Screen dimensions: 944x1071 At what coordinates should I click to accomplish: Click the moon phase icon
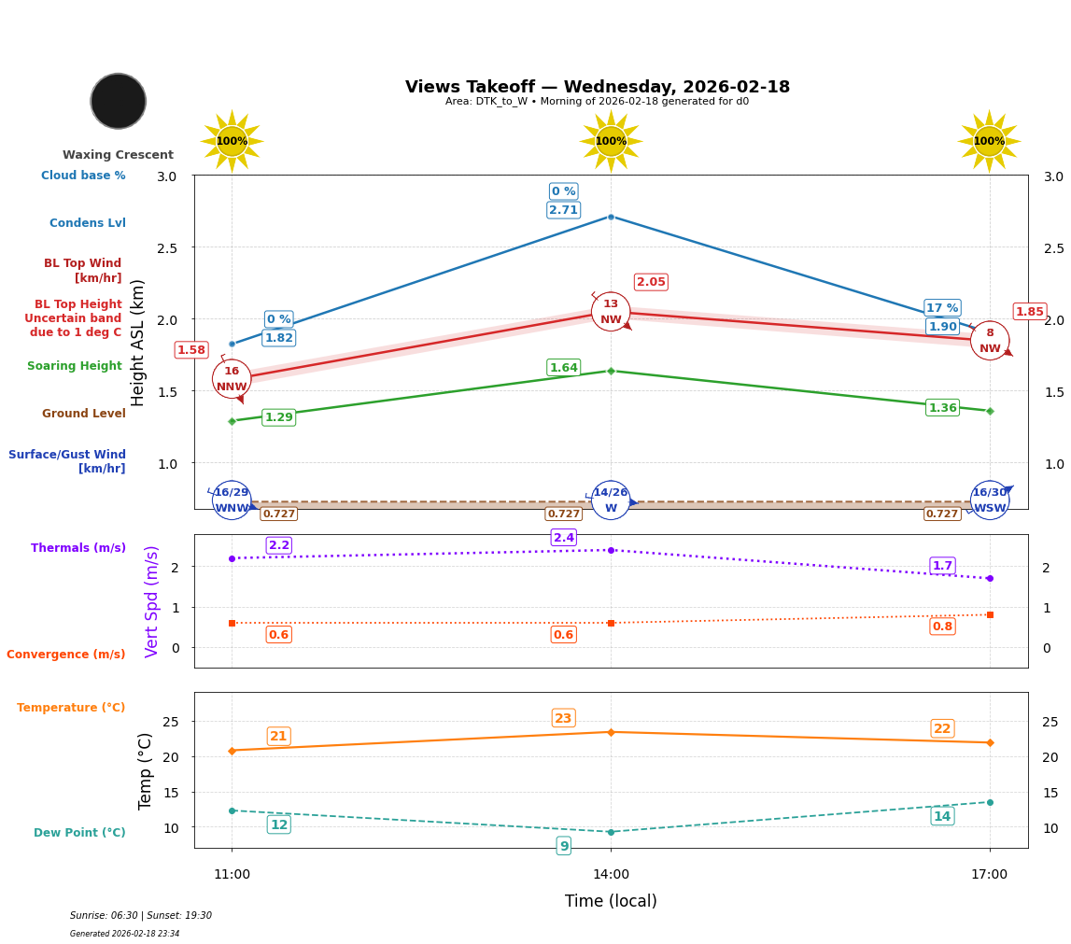click(x=119, y=101)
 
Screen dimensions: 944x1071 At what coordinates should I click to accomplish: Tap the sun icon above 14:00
click(x=611, y=141)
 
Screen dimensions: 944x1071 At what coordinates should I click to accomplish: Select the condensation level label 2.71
click(x=563, y=210)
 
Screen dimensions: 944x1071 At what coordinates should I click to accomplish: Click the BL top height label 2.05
click(x=651, y=282)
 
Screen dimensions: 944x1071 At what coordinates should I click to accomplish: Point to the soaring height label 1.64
click(x=563, y=368)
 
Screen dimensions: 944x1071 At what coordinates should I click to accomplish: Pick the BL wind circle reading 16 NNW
click(x=232, y=378)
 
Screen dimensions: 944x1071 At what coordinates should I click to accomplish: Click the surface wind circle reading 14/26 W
click(x=611, y=500)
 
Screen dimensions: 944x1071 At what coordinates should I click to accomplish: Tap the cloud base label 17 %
click(x=942, y=308)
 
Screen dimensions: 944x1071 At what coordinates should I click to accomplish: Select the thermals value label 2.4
click(x=564, y=538)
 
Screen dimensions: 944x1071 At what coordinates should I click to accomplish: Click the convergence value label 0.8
click(x=942, y=627)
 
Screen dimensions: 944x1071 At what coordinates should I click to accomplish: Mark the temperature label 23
click(x=563, y=718)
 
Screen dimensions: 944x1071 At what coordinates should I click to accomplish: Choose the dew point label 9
click(x=563, y=846)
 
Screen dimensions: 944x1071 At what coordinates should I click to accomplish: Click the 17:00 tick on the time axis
click(x=989, y=875)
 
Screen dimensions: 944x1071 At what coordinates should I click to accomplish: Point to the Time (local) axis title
click(x=611, y=901)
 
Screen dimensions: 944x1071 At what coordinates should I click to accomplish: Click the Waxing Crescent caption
click(x=118, y=155)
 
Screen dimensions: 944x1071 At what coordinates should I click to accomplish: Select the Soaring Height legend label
click(x=75, y=366)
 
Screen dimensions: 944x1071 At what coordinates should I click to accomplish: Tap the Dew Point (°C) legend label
click(x=79, y=833)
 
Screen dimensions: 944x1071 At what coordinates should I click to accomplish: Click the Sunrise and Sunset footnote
click(x=141, y=916)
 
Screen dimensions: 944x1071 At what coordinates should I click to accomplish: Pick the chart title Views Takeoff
click(x=598, y=87)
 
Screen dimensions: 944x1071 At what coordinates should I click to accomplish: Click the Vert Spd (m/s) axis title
click(x=152, y=601)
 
